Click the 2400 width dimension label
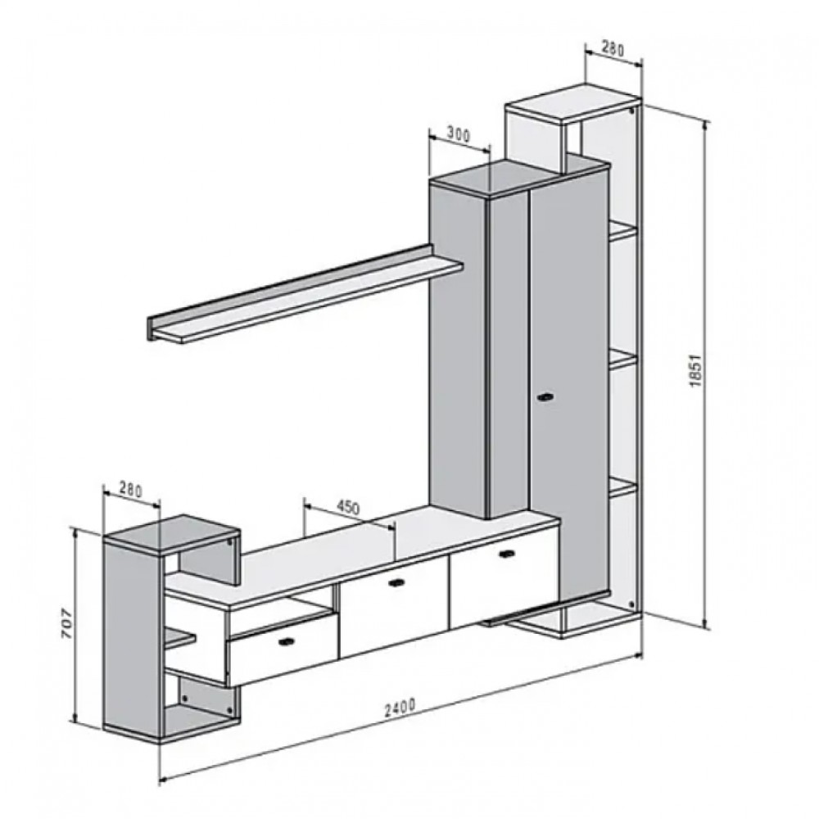point(400,708)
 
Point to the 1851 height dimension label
point(695,371)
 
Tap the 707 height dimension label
point(67,623)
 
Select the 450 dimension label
point(346,507)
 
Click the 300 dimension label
point(458,135)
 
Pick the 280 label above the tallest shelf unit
point(612,48)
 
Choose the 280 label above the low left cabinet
point(130,490)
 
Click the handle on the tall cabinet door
point(546,398)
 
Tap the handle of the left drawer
point(287,641)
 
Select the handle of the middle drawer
point(397,583)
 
